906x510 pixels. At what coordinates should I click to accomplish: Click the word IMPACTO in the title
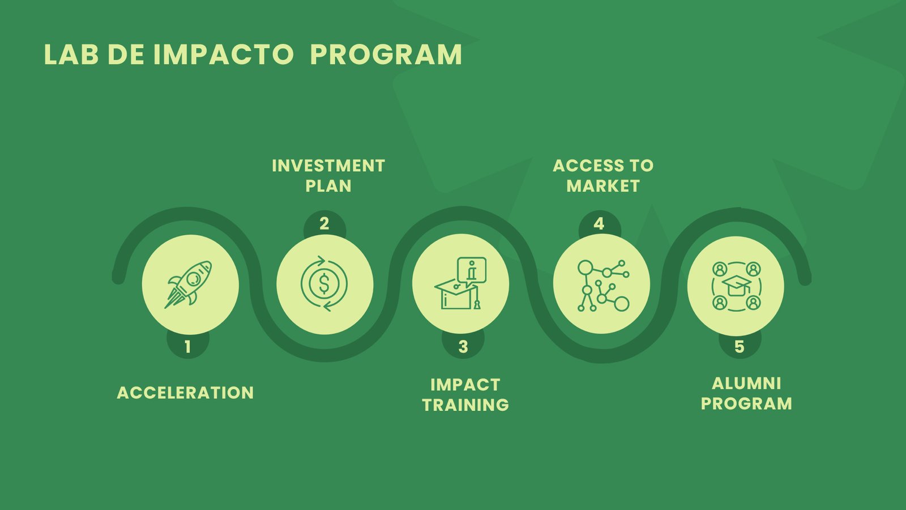coord(224,54)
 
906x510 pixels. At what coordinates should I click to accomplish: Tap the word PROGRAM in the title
coord(386,54)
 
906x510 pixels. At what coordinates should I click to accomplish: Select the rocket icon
coord(188,284)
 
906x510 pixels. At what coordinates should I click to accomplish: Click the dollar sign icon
coord(324,283)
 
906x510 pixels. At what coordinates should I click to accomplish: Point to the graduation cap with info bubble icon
coord(461,283)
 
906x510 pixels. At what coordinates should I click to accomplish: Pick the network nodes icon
coord(603,286)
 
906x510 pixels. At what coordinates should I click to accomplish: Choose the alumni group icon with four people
coord(736,286)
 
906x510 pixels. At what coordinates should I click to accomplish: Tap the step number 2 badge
coord(324,224)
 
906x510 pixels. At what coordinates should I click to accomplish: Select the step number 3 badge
coord(463,346)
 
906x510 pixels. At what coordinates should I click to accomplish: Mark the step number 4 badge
coord(600,224)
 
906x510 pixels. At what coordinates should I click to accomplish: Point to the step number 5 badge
coord(740,346)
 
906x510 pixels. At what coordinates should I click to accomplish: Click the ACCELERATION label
coord(185,393)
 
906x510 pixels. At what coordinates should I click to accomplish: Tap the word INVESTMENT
coord(328,166)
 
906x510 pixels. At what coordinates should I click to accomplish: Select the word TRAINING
coord(465,405)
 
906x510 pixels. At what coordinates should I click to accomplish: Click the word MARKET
coord(603,186)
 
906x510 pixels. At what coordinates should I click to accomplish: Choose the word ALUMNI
coord(746,384)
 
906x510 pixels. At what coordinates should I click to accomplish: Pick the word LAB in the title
coord(71,54)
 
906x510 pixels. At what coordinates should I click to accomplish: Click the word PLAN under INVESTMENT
coord(328,186)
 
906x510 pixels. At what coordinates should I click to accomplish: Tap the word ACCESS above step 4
coord(585,166)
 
